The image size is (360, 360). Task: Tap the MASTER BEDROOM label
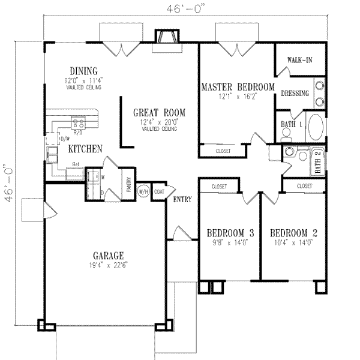[238, 86]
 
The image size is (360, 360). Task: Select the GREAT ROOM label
[159, 112]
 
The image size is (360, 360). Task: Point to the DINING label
[83, 70]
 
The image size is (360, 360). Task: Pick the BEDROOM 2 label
[293, 233]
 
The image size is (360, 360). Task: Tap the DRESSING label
[295, 93]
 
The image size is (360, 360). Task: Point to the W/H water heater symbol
[143, 192]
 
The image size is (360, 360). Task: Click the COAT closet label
[158, 192]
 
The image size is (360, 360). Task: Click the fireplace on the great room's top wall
[166, 37]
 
